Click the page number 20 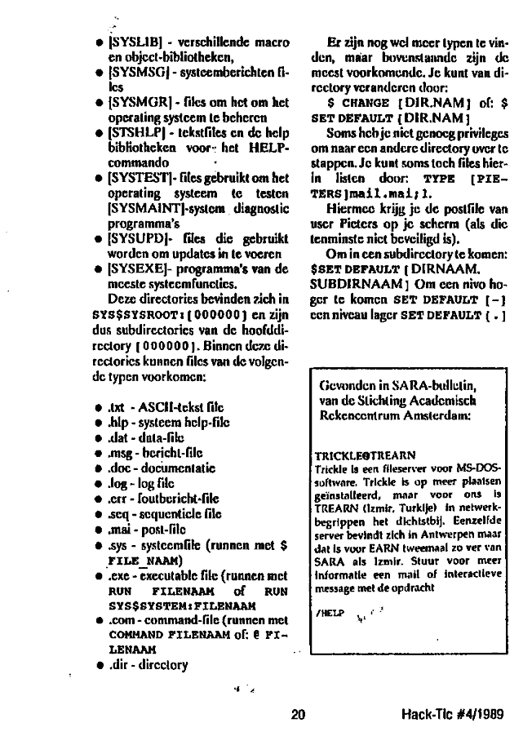click(297, 715)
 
